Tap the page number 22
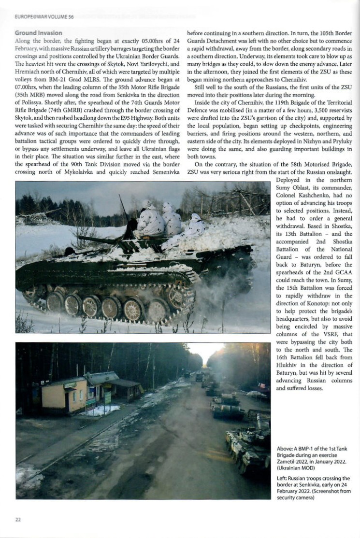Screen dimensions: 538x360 pos(18,519)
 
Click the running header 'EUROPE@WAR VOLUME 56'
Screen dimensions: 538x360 pos(44,17)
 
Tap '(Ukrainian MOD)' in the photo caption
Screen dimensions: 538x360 pos(299,468)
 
